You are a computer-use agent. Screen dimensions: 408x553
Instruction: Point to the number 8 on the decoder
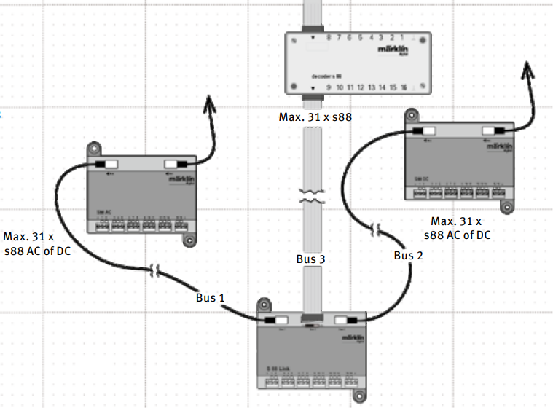point(329,36)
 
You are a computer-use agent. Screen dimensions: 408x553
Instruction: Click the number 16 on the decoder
point(404,87)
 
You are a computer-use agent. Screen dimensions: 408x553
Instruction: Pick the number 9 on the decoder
point(329,87)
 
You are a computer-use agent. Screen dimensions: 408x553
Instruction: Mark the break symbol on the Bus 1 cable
point(155,272)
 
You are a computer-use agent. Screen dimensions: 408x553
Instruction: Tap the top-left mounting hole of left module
point(95,149)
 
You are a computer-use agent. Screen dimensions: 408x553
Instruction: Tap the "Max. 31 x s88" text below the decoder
point(315,117)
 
